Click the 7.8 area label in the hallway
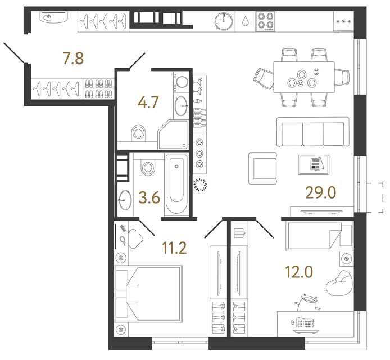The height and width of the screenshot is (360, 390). (x=73, y=58)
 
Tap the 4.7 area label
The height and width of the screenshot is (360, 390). (x=148, y=102)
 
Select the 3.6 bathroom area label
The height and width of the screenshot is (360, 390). (x=149, y=197)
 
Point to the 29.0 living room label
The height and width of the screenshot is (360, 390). (x=321, y=192)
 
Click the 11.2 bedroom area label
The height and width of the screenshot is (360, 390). (x=174, y=247)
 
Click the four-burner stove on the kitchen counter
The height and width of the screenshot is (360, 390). (x=265, y=21)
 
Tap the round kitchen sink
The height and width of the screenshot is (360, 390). (x=224, y=21)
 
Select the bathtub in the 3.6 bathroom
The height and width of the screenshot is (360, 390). (x=176, y=184)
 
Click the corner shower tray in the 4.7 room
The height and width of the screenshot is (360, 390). (x=173, y=134)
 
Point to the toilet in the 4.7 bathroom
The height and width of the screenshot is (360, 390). (x=138, y=133)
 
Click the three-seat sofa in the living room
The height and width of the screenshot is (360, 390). (x=313, y=132)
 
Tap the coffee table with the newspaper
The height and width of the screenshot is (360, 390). (x=314, y=165)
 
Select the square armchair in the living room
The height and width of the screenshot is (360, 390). (x=263, y=169)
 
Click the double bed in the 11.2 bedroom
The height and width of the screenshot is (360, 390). (x=148, y=294)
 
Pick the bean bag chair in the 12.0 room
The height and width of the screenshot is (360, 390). (x=339, y=283)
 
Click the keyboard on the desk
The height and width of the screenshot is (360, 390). (x=305, y=322)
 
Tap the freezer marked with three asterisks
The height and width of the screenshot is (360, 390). (x=343, y=22)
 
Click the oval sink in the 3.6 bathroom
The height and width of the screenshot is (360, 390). (x=125, y=200)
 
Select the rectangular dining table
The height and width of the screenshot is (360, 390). (x=304, y=77)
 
